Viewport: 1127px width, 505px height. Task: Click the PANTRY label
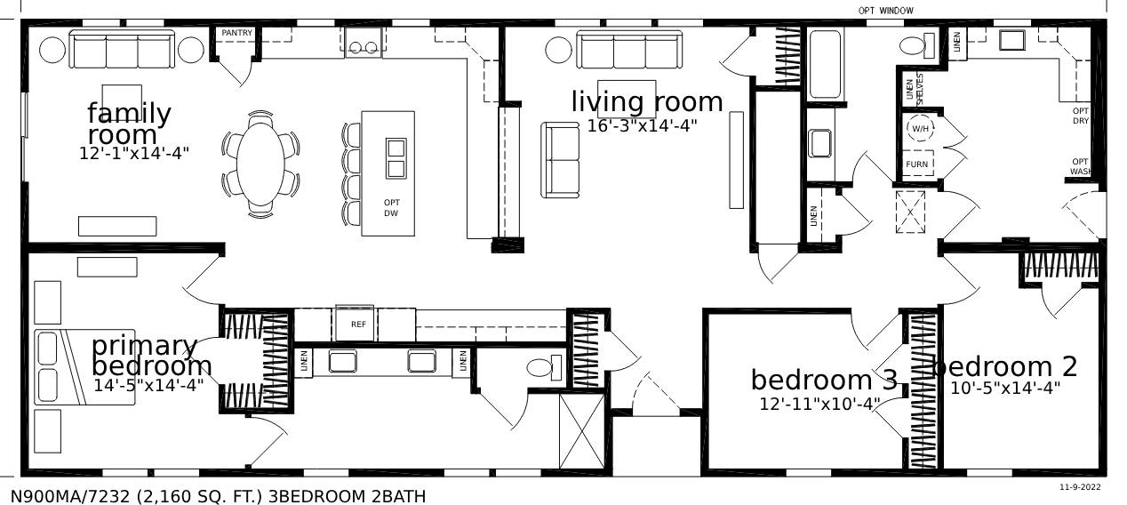[x=237, y=33]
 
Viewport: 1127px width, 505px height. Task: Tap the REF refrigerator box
[x=358, y=325]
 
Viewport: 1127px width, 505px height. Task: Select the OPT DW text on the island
[x=391, y=208]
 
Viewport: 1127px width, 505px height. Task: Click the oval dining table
[x=260, y=164]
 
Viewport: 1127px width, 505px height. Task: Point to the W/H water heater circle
[x=919, y=129]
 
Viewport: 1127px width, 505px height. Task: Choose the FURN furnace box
[x=917, y=164]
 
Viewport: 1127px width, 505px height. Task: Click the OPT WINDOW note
[x=885, y=11]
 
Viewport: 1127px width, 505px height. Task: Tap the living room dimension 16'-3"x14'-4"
[x=642, y=126]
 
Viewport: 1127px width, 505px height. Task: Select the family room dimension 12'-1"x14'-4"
[x=134, y=153]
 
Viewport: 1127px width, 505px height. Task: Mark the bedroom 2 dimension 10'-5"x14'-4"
[x=1005, y=388]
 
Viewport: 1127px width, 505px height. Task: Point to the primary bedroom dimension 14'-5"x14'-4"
[x=148, y=386]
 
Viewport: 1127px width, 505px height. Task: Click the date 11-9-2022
[x=1080, y=487]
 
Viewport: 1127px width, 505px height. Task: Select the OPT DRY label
[x=1081, y=116]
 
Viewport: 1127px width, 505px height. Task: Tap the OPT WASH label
[x=1081, y=166]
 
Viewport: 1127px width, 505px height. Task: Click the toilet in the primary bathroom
[x=544, y=366]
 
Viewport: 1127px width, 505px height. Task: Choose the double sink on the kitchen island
[x=396, y=157]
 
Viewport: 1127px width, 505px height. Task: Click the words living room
[x=646, y=102]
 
